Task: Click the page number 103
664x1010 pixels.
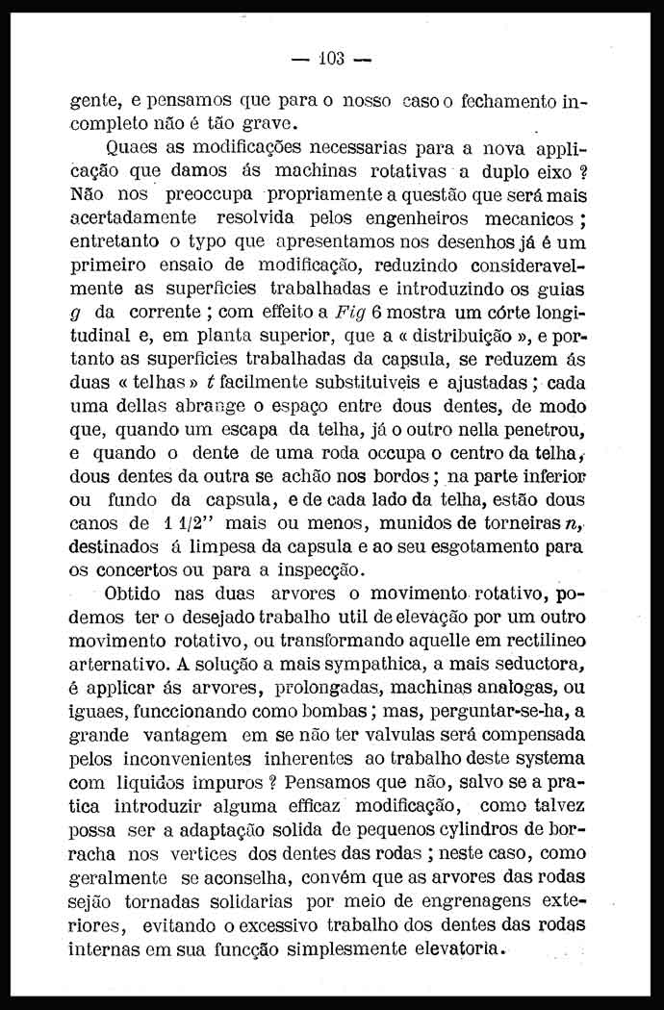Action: pyautogui.click(x=330, y=59)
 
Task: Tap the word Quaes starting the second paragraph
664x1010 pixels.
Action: pyautogui.click(x=136, y=149)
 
